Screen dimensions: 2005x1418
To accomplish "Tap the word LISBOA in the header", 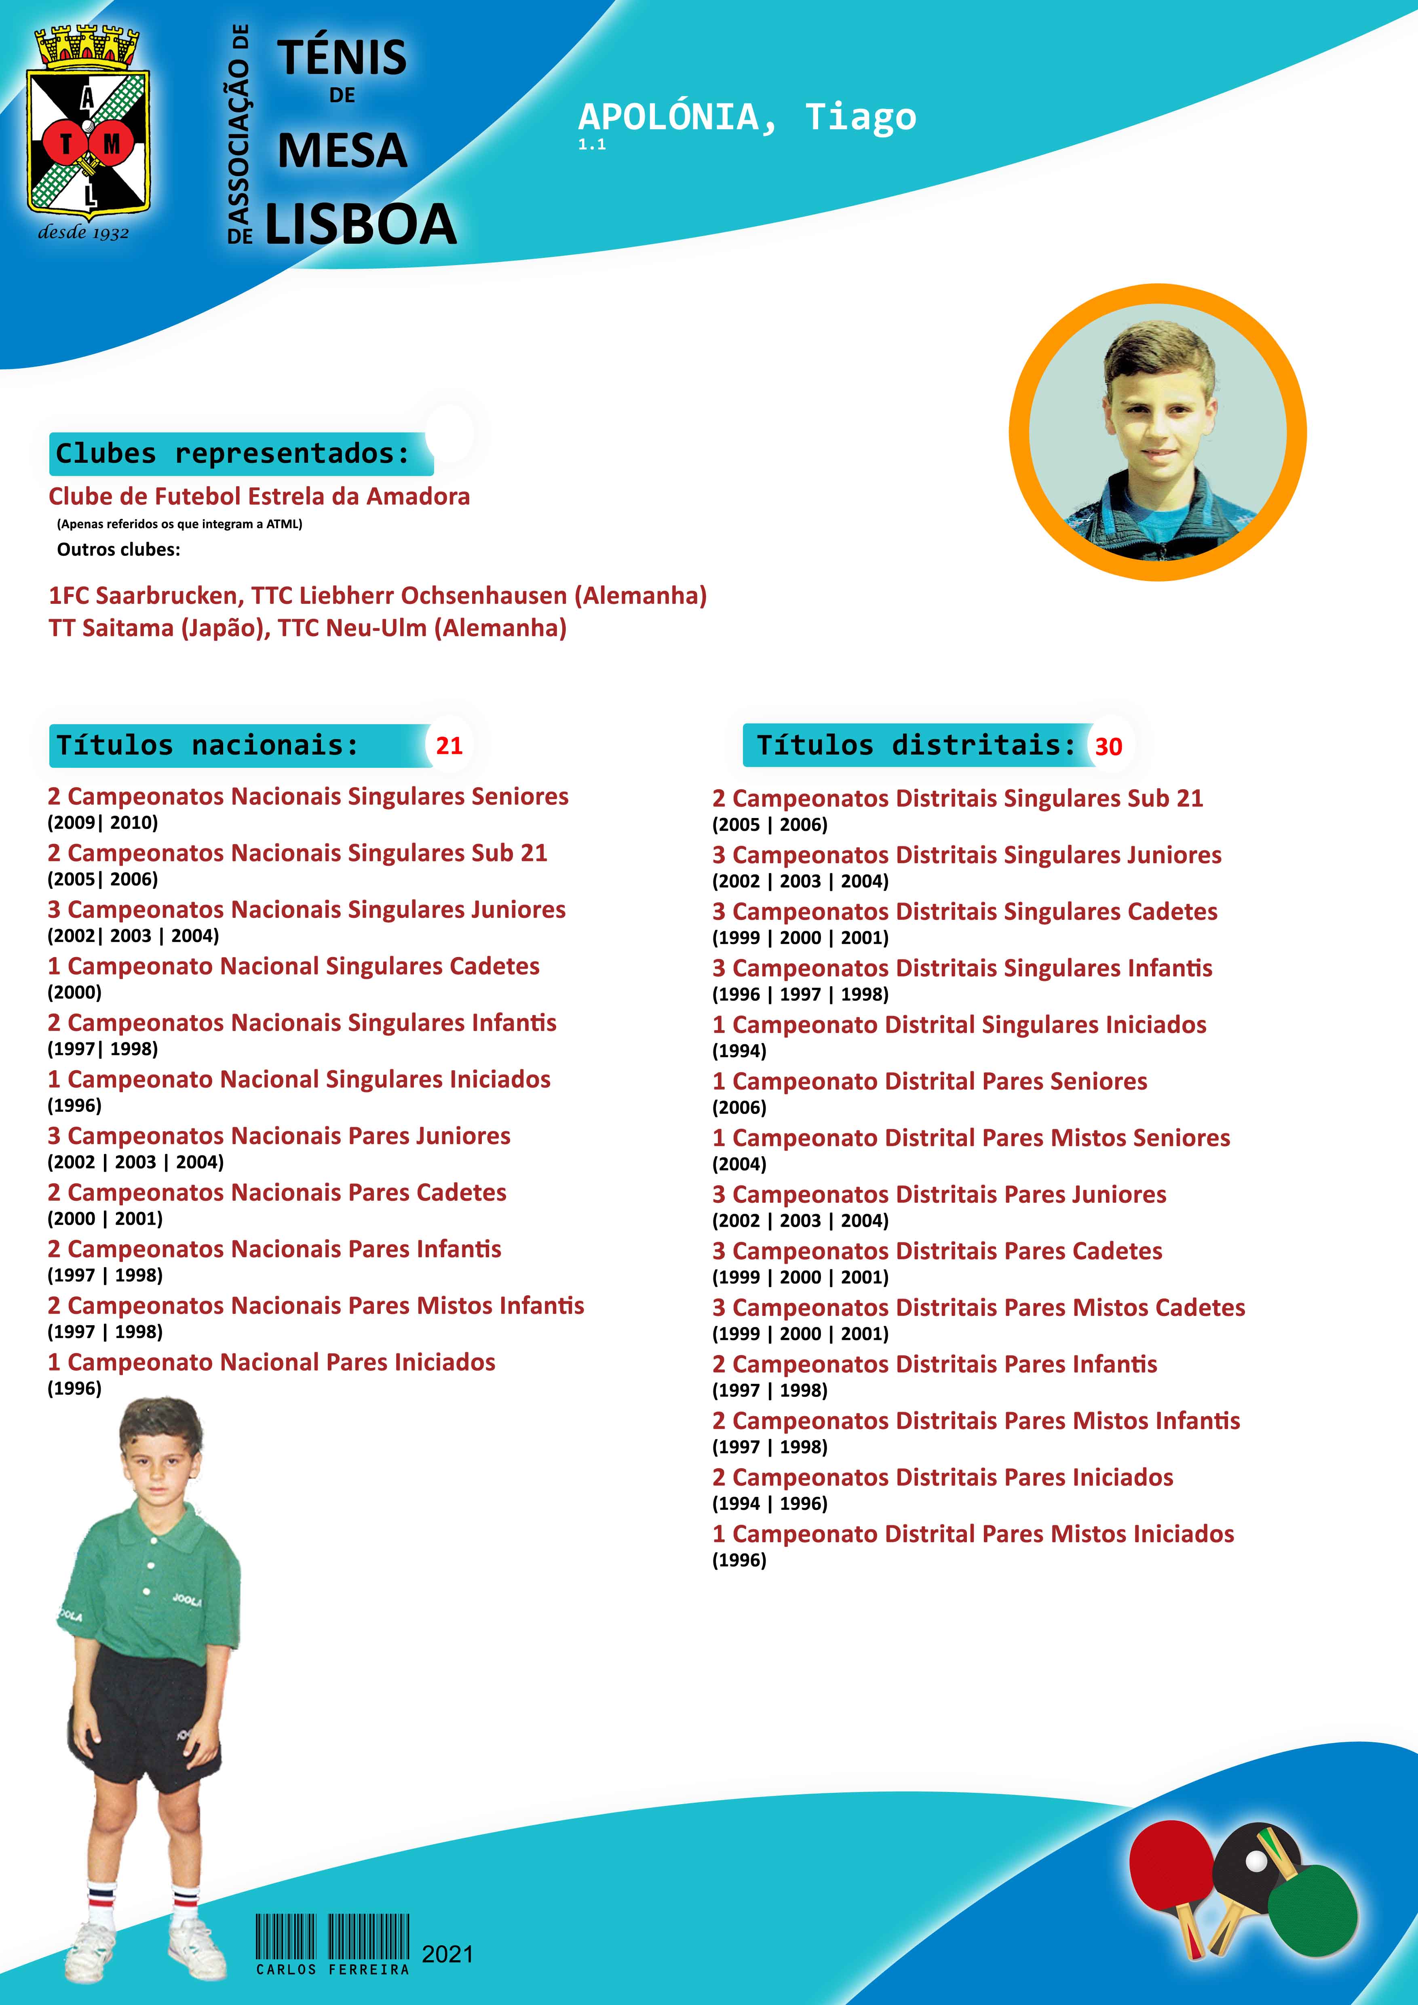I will [x=360, y=224].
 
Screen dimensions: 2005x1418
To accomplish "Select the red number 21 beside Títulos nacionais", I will [x=449, y=746].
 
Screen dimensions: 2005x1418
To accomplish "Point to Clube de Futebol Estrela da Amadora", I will [x=260, y=496].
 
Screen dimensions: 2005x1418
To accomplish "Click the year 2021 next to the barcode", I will [x=447, y=1954].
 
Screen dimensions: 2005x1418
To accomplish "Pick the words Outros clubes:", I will [x=119, y=549].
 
